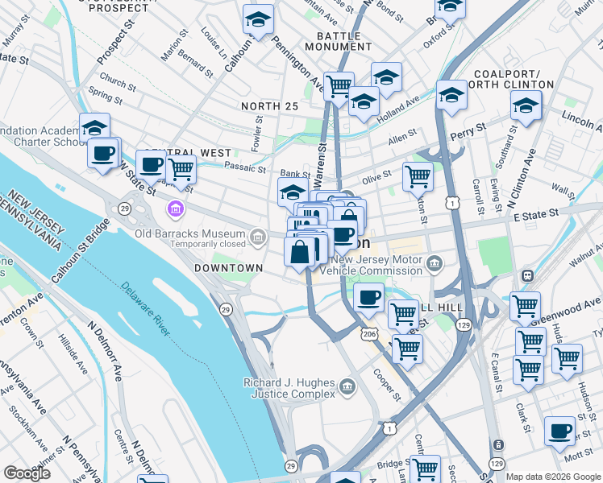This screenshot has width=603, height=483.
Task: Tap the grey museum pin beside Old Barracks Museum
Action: pyautogui.click(x=258, y=236)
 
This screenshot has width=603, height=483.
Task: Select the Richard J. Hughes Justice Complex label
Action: pyautogui.click(x=290, y=388)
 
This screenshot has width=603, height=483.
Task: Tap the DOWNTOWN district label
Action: pyautogui.click(x=228, y=267)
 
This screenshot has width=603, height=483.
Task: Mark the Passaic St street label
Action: pyautogui.click(x=245, y=169)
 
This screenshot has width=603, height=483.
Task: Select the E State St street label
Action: pyautogui.click(x=531, y=213)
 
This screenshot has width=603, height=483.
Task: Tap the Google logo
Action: pyautogui.click(x=27, y=473)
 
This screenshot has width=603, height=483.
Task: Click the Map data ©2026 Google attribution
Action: pyautogui.click(x=553, y=477)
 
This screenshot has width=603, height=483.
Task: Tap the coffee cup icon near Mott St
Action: pyautogui.click(x=559, y=430)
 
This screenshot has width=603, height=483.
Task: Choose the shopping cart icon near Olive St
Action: pyautogui.click(x=418, y=175)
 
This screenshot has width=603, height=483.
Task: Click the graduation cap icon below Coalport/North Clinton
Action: pyautogui.click(x=526, y=105)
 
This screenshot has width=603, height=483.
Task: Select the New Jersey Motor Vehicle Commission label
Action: pyautogui.click(x=378, y=266)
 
